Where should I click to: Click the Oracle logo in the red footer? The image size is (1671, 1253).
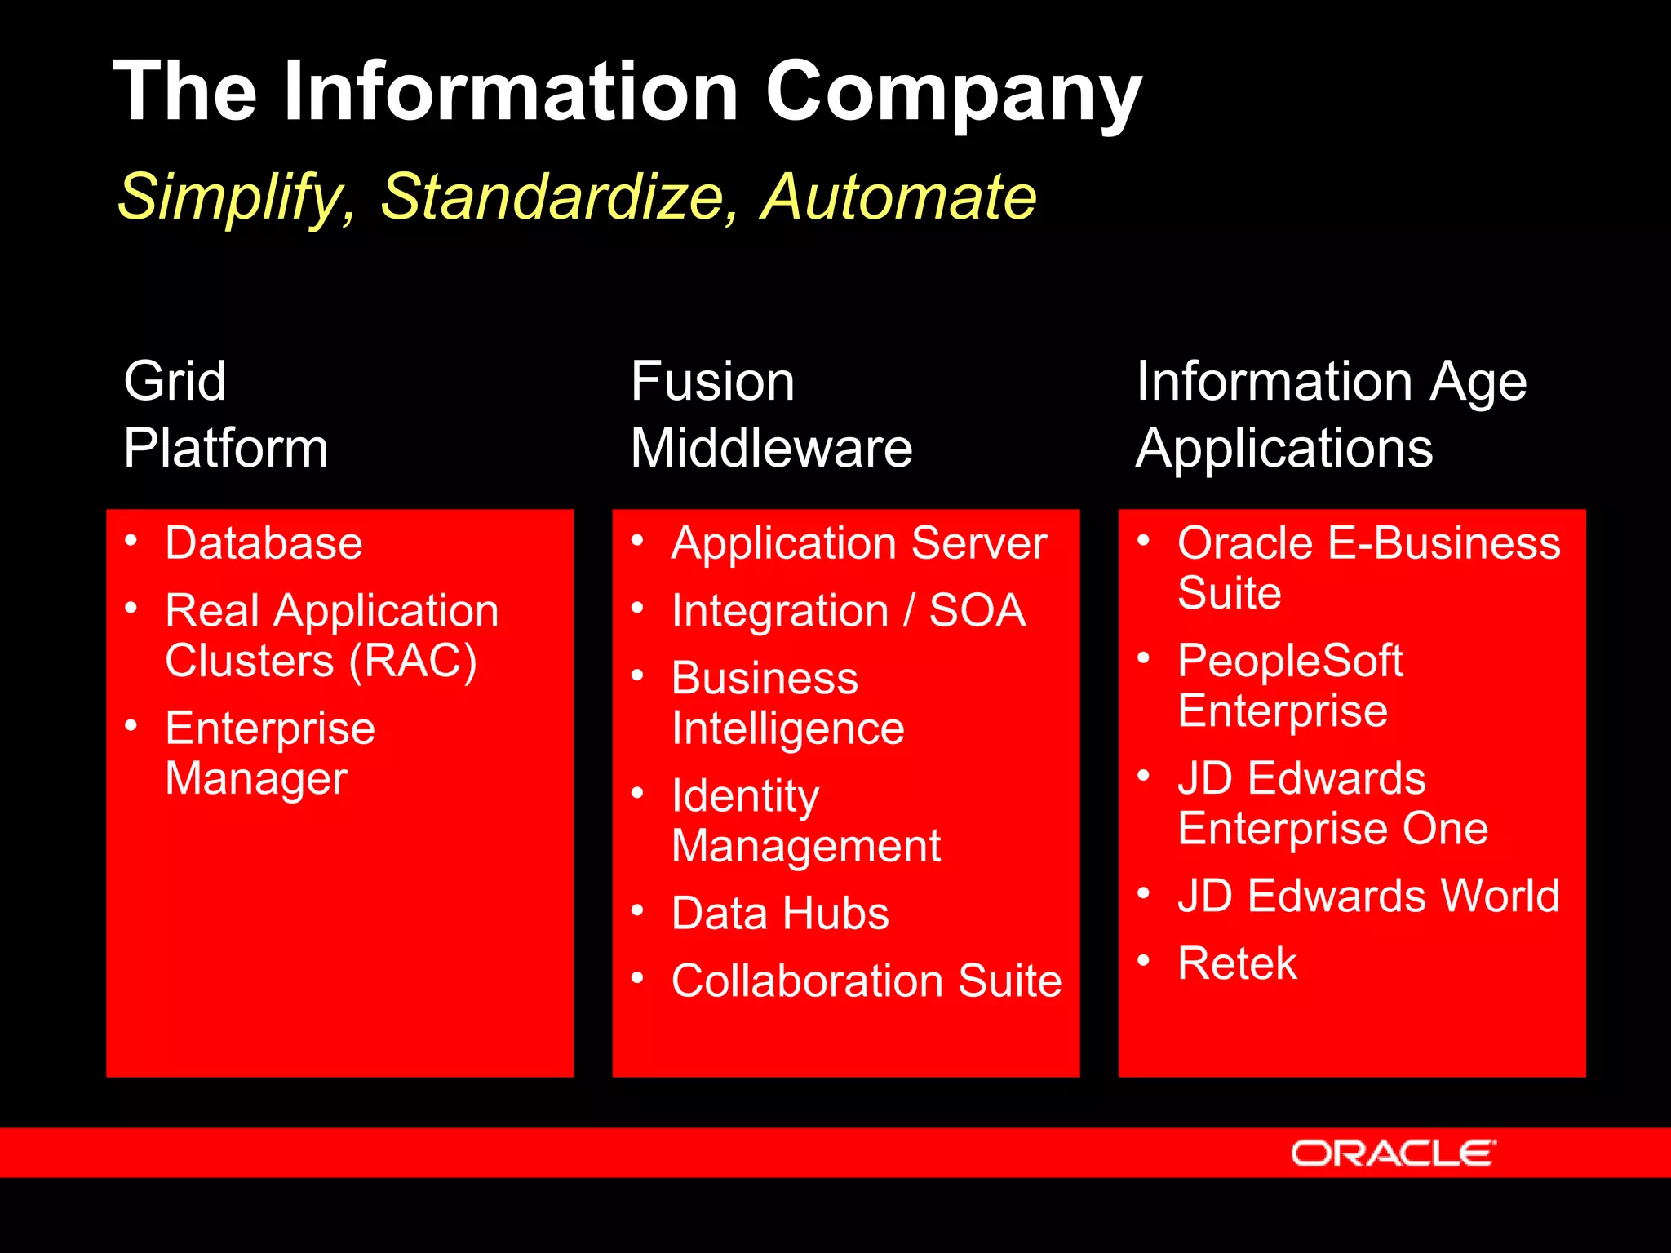click(1392, 1153)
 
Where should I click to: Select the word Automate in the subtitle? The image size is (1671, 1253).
click(898, 197)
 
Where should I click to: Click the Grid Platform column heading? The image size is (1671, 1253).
click(225, 414)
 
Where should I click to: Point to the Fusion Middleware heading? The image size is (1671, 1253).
click(770, 414)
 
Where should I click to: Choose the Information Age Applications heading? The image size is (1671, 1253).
click(1330, 414)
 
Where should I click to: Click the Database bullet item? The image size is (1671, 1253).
click(264, 543)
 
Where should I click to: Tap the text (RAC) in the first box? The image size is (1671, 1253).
click(412, 661)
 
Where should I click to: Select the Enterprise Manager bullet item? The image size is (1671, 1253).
click(269, 753)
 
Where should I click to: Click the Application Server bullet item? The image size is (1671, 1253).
click(858, 543)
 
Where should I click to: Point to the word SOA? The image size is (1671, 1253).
click(977, 611)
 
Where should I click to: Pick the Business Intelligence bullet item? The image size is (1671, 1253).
click(787, 703)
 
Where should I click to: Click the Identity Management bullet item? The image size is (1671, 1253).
click(805, 821)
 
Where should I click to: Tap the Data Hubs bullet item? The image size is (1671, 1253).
click(780, 914)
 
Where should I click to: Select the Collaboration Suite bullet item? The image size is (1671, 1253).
click(867, 981)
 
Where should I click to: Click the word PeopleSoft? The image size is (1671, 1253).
click(1290, 661)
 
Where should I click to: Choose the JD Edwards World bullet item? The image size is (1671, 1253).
click(1368, 896)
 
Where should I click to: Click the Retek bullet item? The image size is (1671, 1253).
click(1237, 963)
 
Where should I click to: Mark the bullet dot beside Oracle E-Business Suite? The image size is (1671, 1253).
click(1144, 539)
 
